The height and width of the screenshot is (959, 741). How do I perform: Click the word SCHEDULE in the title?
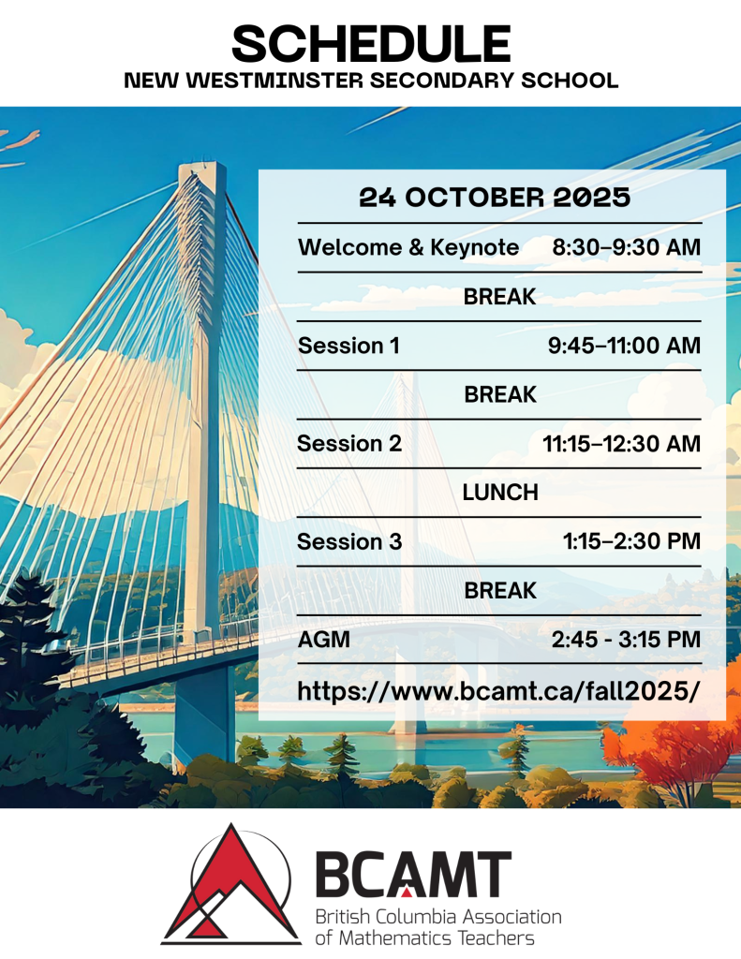(371, 44)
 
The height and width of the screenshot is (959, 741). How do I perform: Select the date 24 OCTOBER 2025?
(495, 198)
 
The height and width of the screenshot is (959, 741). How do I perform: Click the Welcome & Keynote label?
(408, 247)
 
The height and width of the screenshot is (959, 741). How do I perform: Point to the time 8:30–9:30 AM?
(627, 247)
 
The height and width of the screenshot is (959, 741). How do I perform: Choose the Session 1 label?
(348, 346)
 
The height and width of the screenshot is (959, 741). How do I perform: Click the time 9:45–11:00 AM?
(624, 346)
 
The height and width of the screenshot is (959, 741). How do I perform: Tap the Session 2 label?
(349, 443)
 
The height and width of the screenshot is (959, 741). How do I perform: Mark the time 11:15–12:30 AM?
(622, 443)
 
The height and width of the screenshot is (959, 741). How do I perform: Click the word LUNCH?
(500, 493)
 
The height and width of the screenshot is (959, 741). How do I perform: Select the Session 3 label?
(349, 541)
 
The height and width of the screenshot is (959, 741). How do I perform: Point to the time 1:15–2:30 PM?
(631, 541)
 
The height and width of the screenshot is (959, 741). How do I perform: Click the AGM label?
(324, 640)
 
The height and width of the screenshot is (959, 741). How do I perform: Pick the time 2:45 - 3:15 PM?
(626, 640)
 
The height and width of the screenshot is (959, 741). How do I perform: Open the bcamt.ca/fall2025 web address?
(498, 692)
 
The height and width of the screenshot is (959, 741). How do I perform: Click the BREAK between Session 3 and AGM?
(500, 591)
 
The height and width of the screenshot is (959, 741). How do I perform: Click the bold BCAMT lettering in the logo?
(413, 874)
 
